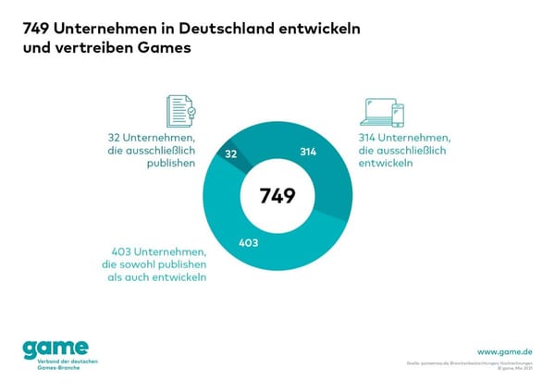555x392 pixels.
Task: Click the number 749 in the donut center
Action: pos(277,196)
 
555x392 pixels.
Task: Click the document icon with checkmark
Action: pos(180,110)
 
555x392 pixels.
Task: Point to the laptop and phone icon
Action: pos(382,111)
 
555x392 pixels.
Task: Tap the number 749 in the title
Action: pos(38,28)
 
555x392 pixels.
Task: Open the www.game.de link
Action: pos(504,352)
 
